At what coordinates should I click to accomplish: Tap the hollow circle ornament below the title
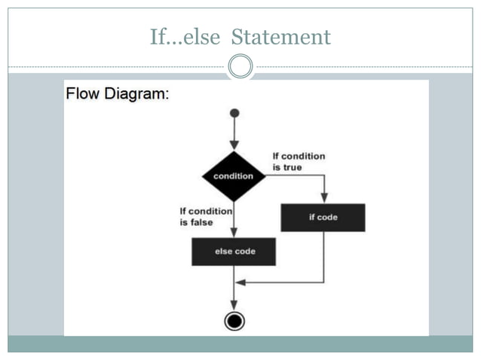tap(240, 67)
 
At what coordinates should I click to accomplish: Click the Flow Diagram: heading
tap(118, 95)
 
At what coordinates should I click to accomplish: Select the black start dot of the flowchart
tap(234, 113)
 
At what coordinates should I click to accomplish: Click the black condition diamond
tap(234, 176)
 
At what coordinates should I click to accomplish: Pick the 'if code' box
tap(323, 218)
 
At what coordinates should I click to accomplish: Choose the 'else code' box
tap(234, 252)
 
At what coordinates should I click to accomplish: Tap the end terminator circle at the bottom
tap(234, 321)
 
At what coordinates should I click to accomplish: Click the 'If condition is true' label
tap(299, 161)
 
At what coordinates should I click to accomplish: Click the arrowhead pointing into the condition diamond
tap(234, 145)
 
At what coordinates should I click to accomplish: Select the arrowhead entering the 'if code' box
tap(323, 198)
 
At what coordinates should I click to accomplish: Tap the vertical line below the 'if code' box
tap(323, 256)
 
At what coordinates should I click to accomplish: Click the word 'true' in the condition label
tap(291, 167)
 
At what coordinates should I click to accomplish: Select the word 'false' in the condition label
tap(202, 223)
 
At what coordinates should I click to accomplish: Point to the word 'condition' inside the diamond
tap(234, 176)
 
